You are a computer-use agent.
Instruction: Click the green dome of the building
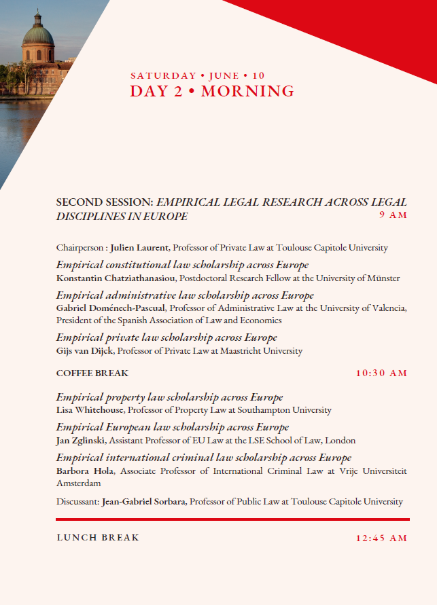[38, 31]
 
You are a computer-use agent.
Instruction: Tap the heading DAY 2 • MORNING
[212, 92]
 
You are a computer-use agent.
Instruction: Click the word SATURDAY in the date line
[163, 75]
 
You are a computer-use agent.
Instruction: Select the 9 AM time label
[393, 215]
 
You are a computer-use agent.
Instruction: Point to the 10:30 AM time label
[381, 373]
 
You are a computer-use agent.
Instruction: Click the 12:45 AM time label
[381, 538]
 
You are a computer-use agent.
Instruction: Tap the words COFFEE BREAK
[92, 373]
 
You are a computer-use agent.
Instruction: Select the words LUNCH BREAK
[98, 538]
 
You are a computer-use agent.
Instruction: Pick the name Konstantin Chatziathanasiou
[116, 278]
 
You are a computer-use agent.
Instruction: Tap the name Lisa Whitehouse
[90, 410]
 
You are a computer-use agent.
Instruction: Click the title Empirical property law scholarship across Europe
[169, 397]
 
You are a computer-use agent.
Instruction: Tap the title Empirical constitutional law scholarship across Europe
[182, 265]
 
